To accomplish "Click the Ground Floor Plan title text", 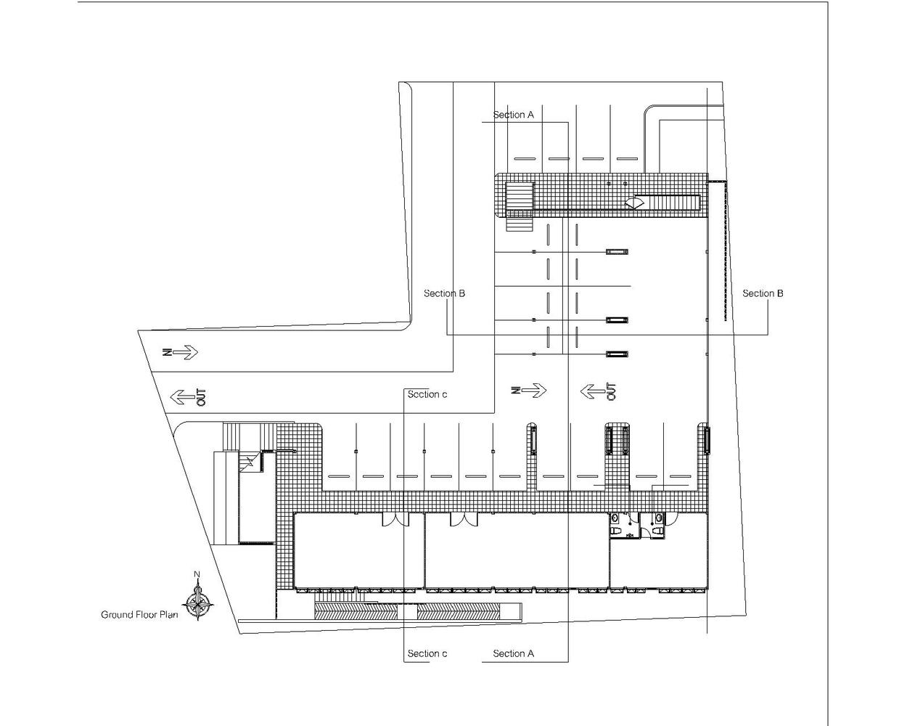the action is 139,615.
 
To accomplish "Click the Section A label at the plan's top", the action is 513,115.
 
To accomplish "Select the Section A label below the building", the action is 513,653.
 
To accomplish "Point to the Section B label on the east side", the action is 763,293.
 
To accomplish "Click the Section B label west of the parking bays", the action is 444,293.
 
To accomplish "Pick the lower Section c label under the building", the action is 427,653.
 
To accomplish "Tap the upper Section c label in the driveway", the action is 427,394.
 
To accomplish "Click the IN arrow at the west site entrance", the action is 181,352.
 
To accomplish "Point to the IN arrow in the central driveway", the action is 528,391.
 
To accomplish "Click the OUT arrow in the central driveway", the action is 598,391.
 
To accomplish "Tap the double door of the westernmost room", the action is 395,519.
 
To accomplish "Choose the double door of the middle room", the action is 464,519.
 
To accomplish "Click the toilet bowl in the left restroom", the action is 615,531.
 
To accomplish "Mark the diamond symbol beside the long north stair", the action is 635,203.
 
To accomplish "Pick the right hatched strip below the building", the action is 458,611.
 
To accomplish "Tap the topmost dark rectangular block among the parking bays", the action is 617,252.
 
